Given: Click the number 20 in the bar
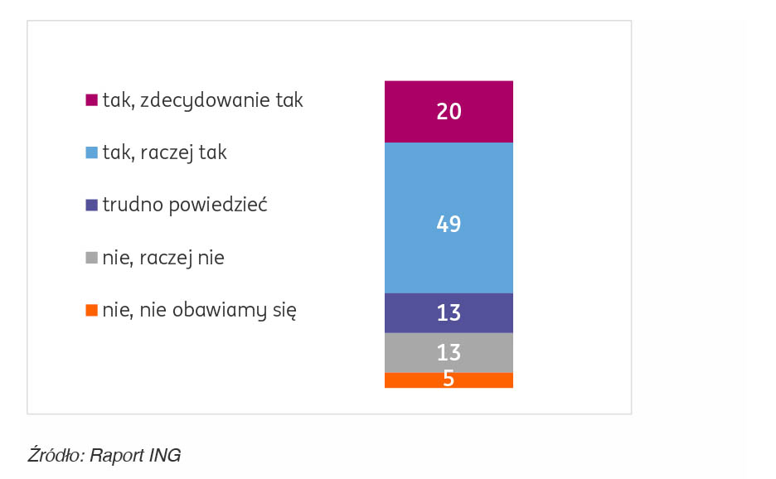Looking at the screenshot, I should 449,112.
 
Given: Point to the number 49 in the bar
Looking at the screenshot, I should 449,225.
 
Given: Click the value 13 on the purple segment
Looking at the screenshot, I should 449,313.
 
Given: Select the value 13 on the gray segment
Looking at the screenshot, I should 449,353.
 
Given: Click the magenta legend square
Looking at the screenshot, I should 92,101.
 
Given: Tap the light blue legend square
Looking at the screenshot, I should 92,153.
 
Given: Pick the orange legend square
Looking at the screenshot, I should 92,311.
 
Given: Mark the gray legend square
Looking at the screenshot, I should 92,259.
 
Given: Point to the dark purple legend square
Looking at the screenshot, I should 92,206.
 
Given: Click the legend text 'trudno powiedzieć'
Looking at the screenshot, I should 184,206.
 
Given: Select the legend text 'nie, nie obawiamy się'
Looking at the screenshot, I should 200,311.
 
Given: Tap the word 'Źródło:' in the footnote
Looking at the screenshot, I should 56,455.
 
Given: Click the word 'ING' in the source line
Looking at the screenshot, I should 165,455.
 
